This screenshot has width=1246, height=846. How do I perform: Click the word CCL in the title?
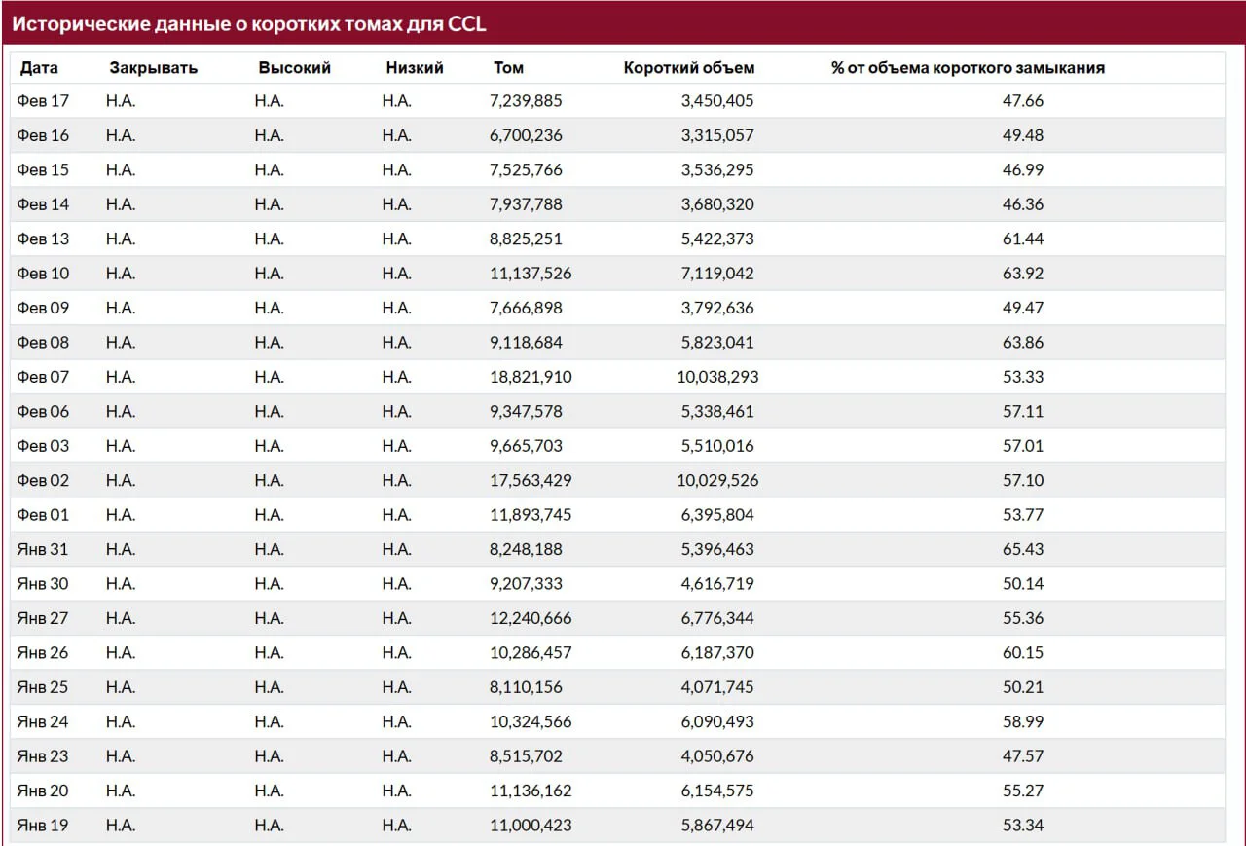tap(466, 24)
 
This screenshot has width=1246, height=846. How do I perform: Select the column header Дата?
tap(39, 68)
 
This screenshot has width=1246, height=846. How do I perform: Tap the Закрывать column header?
tap(154, 68)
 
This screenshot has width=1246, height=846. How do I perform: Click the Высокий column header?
tap(294, 68)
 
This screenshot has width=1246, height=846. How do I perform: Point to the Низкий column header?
tap(415, 68)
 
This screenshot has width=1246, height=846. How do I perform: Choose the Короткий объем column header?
tap(689, 68)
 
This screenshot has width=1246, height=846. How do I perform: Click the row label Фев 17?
tap(43, 100)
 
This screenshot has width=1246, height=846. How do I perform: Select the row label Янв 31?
tap(42, 549)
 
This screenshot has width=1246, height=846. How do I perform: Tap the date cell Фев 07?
tap(43, 377)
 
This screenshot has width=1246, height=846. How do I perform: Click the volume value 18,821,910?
tap(531, 377)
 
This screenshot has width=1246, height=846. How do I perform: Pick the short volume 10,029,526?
tap(717, 480)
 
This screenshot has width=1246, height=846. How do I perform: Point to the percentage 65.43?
tap(1023, 549)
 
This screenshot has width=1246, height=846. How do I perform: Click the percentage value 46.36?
tap(1023, 204)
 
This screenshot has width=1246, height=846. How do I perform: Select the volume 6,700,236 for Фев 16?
tap(526, 135)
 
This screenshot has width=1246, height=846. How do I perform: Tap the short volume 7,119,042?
tap(717, 274)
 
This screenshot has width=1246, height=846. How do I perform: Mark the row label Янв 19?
tap(42, 825)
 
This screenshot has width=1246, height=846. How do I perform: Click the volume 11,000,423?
tap(531, 825)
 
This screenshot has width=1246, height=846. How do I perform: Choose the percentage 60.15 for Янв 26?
tap(1023, 652)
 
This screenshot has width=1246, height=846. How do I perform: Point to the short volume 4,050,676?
tap(717, 755)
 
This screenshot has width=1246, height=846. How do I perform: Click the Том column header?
tap(508, 68)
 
